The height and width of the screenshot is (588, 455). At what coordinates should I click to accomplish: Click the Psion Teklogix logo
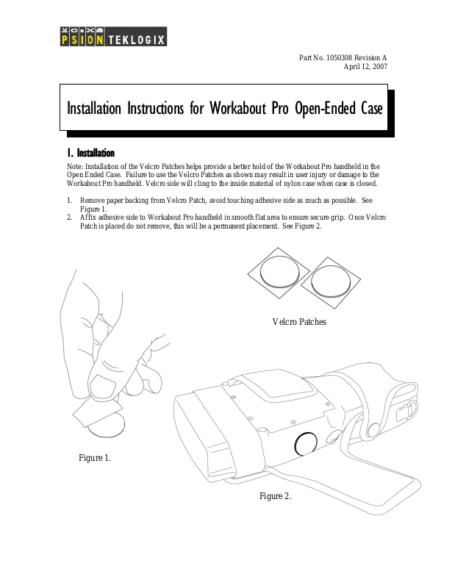[112, 36]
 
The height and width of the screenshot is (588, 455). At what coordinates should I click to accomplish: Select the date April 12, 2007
[365, 67]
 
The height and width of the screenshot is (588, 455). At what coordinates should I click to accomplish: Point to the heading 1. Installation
[90, 153]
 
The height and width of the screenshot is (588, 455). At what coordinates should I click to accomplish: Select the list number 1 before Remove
[69, 200]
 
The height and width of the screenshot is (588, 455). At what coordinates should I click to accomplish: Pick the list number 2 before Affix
[69, 218]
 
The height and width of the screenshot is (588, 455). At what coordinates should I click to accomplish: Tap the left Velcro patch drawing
[279, 273]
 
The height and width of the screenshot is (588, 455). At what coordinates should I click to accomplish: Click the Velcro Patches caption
[298, 322]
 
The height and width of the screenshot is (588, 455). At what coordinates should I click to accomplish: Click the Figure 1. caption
[95, 458]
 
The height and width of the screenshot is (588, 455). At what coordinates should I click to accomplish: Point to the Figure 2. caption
[276, 496]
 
